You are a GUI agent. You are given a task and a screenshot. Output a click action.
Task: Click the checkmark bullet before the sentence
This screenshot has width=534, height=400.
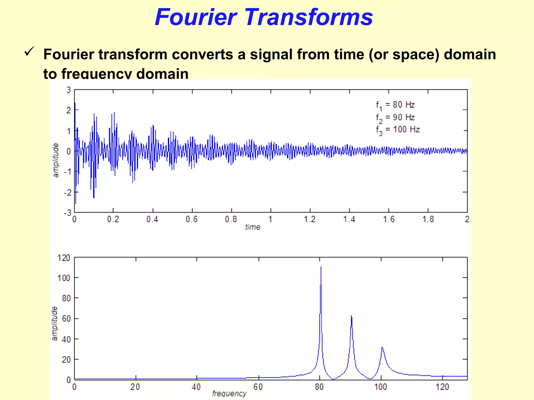pos(29,51)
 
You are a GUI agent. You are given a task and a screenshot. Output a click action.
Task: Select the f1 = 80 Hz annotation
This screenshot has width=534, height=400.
pos(395,105)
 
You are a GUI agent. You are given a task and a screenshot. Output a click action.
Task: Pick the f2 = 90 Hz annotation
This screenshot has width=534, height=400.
pos(395,117)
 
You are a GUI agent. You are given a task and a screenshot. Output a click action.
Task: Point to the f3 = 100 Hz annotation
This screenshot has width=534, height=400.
pos(398,130)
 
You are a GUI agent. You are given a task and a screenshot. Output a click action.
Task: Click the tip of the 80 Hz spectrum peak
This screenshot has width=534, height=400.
pos(321,267)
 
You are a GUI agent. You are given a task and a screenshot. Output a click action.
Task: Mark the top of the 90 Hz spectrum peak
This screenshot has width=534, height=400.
pos(351,316)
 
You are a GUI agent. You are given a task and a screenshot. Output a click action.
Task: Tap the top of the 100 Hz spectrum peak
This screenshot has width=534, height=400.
pos(382,347)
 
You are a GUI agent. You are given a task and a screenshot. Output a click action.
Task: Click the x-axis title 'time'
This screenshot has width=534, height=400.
pos(253,227)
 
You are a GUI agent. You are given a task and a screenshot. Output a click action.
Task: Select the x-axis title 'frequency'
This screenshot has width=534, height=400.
pos(229,393)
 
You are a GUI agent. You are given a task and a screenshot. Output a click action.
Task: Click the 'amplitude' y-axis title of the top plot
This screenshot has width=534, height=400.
pos(56,160)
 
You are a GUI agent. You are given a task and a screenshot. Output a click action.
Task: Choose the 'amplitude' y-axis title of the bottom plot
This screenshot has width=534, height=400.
pos(54,323)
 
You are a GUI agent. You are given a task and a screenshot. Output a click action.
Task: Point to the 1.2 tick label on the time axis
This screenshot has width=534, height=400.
pos(310,219)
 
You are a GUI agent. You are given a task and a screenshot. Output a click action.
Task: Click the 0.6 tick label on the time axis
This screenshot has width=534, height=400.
pos(192,219)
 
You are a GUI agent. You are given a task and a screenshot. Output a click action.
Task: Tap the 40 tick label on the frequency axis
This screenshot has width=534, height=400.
pos(196,387)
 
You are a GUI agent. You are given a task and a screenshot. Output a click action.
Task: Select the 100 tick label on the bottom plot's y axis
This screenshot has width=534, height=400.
pos(64,278)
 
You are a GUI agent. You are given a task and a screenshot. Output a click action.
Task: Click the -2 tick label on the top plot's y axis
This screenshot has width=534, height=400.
pos(68,192)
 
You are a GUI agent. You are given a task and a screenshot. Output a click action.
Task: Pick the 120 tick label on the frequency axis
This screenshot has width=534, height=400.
pos(442,387)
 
